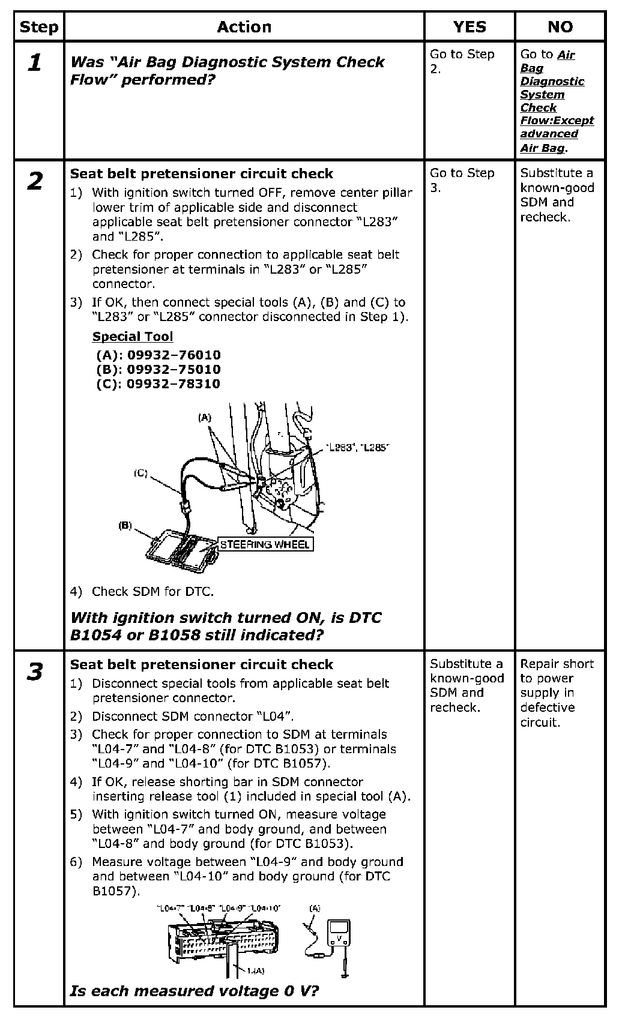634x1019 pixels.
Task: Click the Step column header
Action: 38,27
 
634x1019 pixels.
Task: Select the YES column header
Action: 469,27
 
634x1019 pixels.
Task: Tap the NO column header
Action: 560,27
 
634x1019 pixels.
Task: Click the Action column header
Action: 244,27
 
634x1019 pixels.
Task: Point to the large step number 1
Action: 35,62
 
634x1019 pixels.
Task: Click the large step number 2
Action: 35,181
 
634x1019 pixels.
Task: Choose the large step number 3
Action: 35,672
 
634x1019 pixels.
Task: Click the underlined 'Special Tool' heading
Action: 132,337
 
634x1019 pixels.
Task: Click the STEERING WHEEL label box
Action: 265,545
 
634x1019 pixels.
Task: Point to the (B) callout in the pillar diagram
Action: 125,526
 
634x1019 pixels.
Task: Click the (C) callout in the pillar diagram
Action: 140,473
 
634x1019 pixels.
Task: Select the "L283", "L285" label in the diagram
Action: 358,447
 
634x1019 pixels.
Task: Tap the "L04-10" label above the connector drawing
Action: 265,909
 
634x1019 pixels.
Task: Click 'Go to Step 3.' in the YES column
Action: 462,180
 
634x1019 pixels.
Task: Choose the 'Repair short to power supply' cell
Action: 557,693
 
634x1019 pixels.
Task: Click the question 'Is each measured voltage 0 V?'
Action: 194,991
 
